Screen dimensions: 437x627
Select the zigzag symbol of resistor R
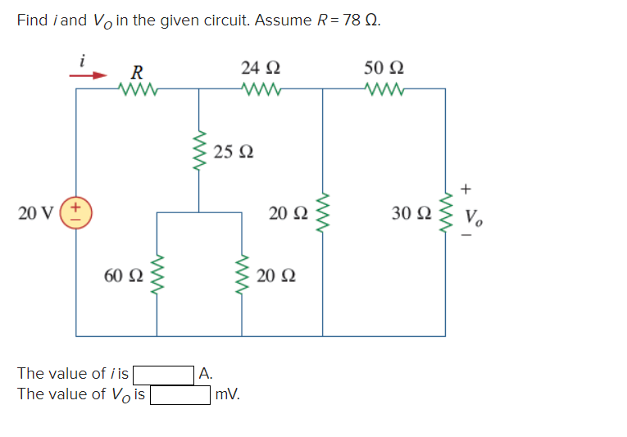tap(134, 89)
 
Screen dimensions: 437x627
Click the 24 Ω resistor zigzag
tap(261, 89)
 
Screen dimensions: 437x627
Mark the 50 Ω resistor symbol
tap(384, 89)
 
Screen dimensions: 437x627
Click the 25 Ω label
tap(234, 152)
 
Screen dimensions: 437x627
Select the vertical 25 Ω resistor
tap(198, 152)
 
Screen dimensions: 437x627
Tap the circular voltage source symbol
tap(77, 214)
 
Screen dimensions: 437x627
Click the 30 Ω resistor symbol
tap(445, 214)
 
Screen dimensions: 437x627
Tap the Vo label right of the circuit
tap(474, 218)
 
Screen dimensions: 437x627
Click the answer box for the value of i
tap(163, 375)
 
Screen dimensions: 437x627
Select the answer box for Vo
tap(179, 395)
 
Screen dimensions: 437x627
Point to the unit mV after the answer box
tap(228, 395)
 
